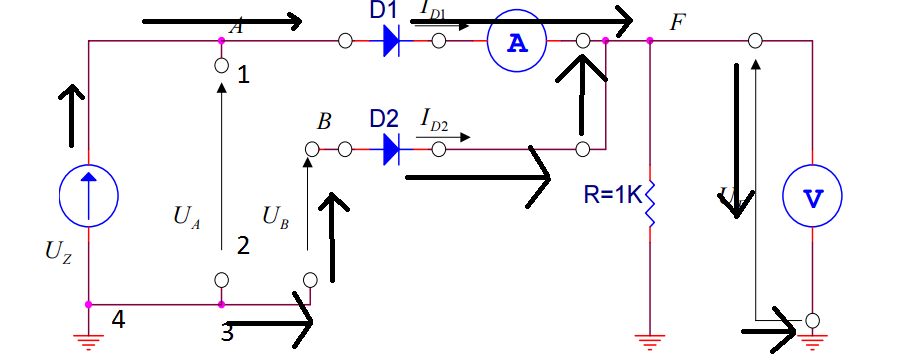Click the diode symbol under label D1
click(391, 41)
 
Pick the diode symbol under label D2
click(391, 149)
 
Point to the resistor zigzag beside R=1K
click(650, 203)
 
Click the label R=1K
click(612, 194)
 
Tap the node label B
click(323, 123)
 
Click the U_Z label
click(58, 252)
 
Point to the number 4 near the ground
click(118, 321)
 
